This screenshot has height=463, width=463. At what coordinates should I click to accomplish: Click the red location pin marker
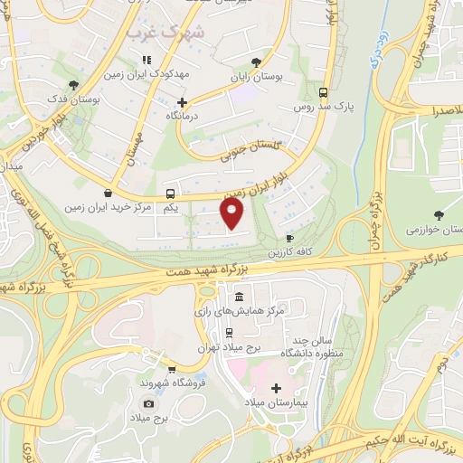(233, 213)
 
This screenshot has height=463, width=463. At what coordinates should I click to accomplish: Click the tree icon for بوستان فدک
(74, 85)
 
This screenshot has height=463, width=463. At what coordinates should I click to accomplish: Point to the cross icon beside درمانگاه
(183, 102)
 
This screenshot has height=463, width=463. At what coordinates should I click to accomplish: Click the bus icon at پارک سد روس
(324, 92)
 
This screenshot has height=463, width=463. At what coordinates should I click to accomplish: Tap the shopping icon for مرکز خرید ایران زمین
(109, 193)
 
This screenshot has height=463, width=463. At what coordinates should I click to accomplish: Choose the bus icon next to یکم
(170, 194)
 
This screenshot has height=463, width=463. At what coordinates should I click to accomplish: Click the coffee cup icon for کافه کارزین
(290, 238)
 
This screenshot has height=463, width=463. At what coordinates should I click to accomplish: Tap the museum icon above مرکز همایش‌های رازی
(239, 297)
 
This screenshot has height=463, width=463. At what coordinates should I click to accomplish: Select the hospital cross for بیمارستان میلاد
(275, 387)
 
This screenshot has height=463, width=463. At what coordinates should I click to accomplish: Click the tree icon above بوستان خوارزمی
(439, 214)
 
